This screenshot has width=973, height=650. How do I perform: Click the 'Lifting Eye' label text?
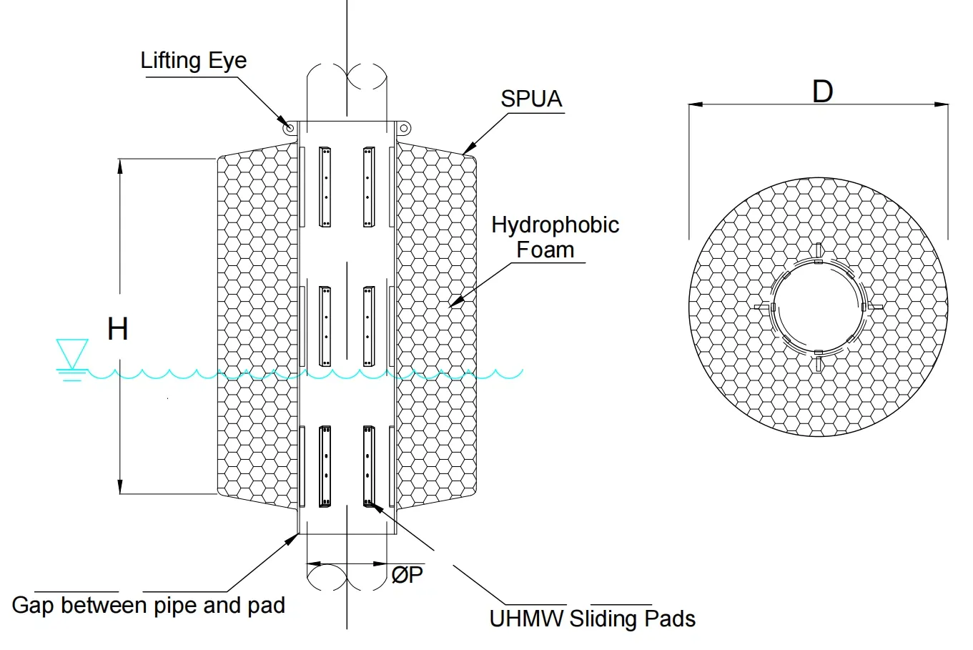click(x=193, y=61)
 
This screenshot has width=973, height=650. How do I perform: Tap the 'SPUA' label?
click(x=531, y=99)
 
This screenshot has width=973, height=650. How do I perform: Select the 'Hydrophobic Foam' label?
click(x=555, y=237)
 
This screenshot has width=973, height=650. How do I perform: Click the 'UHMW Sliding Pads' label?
click(x=592, y=619)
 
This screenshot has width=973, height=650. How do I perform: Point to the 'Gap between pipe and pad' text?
click(x=148, y=606)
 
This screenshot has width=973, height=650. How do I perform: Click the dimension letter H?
click(x=117, y=328)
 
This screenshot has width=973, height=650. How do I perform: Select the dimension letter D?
click(x=822, y=92)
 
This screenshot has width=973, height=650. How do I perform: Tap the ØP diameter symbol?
click(x=407, y=574)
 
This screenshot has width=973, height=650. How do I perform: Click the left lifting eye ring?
click(x=290, y=128)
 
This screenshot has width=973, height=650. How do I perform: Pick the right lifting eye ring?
click(x=404, y=128)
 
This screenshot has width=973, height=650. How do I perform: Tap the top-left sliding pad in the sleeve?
click(x=325, y=187)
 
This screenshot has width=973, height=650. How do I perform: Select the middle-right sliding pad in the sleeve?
click(x=369, y=326)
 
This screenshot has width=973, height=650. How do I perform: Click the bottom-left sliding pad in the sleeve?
click(x=325, y=466)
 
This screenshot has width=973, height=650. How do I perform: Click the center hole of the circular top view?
click(x=819, y=307)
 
